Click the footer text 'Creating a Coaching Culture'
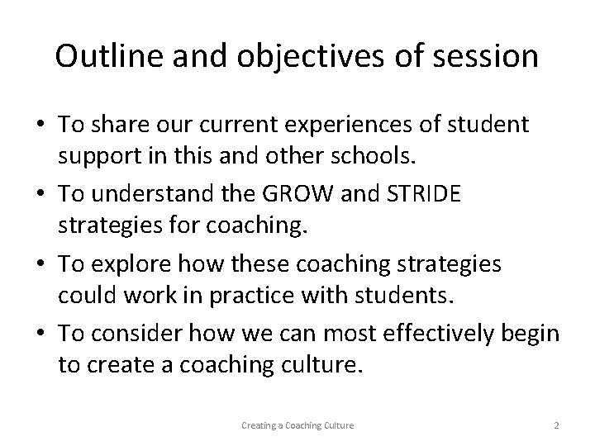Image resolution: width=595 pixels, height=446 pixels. (297, 425)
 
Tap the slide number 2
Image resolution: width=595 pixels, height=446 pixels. (556, 425)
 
